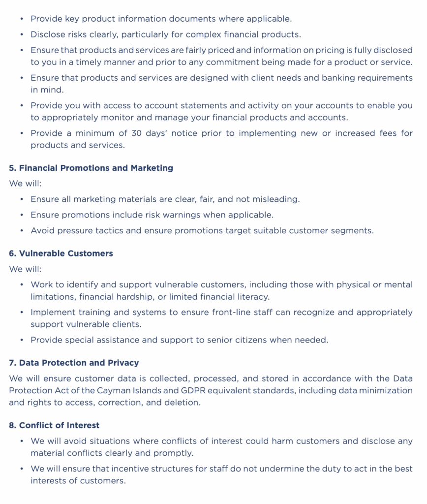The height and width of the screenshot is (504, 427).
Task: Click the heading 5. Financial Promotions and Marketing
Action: click(x=91, y=168)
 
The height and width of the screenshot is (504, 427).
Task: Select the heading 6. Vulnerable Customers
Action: click(x=61, y=253)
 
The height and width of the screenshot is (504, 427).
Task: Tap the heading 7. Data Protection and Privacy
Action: click(x=74, y=363)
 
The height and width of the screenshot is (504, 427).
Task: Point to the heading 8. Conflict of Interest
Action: click(x=54, y=425)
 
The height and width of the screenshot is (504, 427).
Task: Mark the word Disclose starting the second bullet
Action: click(x=47, y=34)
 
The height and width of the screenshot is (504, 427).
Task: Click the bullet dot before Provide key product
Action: click(x=21, y=19)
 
